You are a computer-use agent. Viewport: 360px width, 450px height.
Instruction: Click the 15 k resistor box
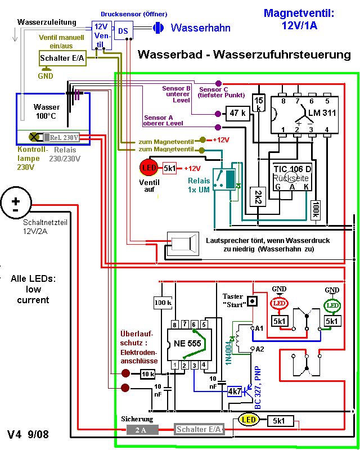[x=259, y=103]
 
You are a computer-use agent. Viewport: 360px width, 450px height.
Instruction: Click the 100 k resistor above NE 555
[x=163, y=303]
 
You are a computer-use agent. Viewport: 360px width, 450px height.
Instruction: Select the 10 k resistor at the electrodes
[x=148, y=373]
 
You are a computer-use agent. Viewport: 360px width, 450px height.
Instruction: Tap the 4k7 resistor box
[x=235, y=391]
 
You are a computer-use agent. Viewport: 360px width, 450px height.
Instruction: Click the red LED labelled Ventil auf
[x=150, y=168]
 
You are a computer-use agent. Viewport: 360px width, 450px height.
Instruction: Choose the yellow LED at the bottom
[x=247, y=420]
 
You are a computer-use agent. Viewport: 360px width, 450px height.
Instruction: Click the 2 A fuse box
[x=140, y=430]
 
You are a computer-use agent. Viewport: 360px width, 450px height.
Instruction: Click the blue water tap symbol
[x=158, y=27]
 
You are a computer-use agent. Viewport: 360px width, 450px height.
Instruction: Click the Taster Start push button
[x=253, y=301]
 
